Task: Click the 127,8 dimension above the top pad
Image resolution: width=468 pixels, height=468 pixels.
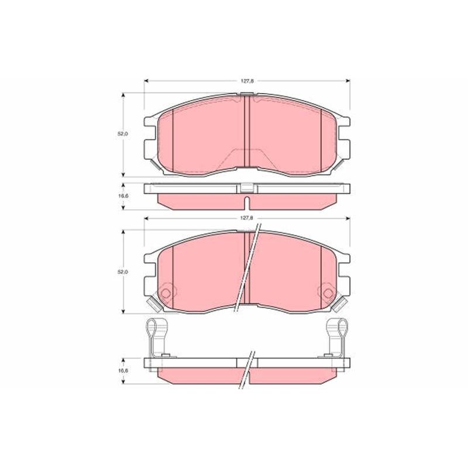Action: click(247, 81)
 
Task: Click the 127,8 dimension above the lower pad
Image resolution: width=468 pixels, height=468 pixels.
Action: click(247, 218)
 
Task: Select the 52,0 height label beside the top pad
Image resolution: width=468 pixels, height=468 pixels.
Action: click(122, 134)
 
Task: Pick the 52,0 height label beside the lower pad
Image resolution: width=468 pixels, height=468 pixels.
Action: click(122, 272)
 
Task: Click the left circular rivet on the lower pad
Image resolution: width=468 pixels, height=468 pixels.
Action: click(166, 293)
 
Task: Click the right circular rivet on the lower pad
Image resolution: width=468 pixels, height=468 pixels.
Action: click(328, 293)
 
